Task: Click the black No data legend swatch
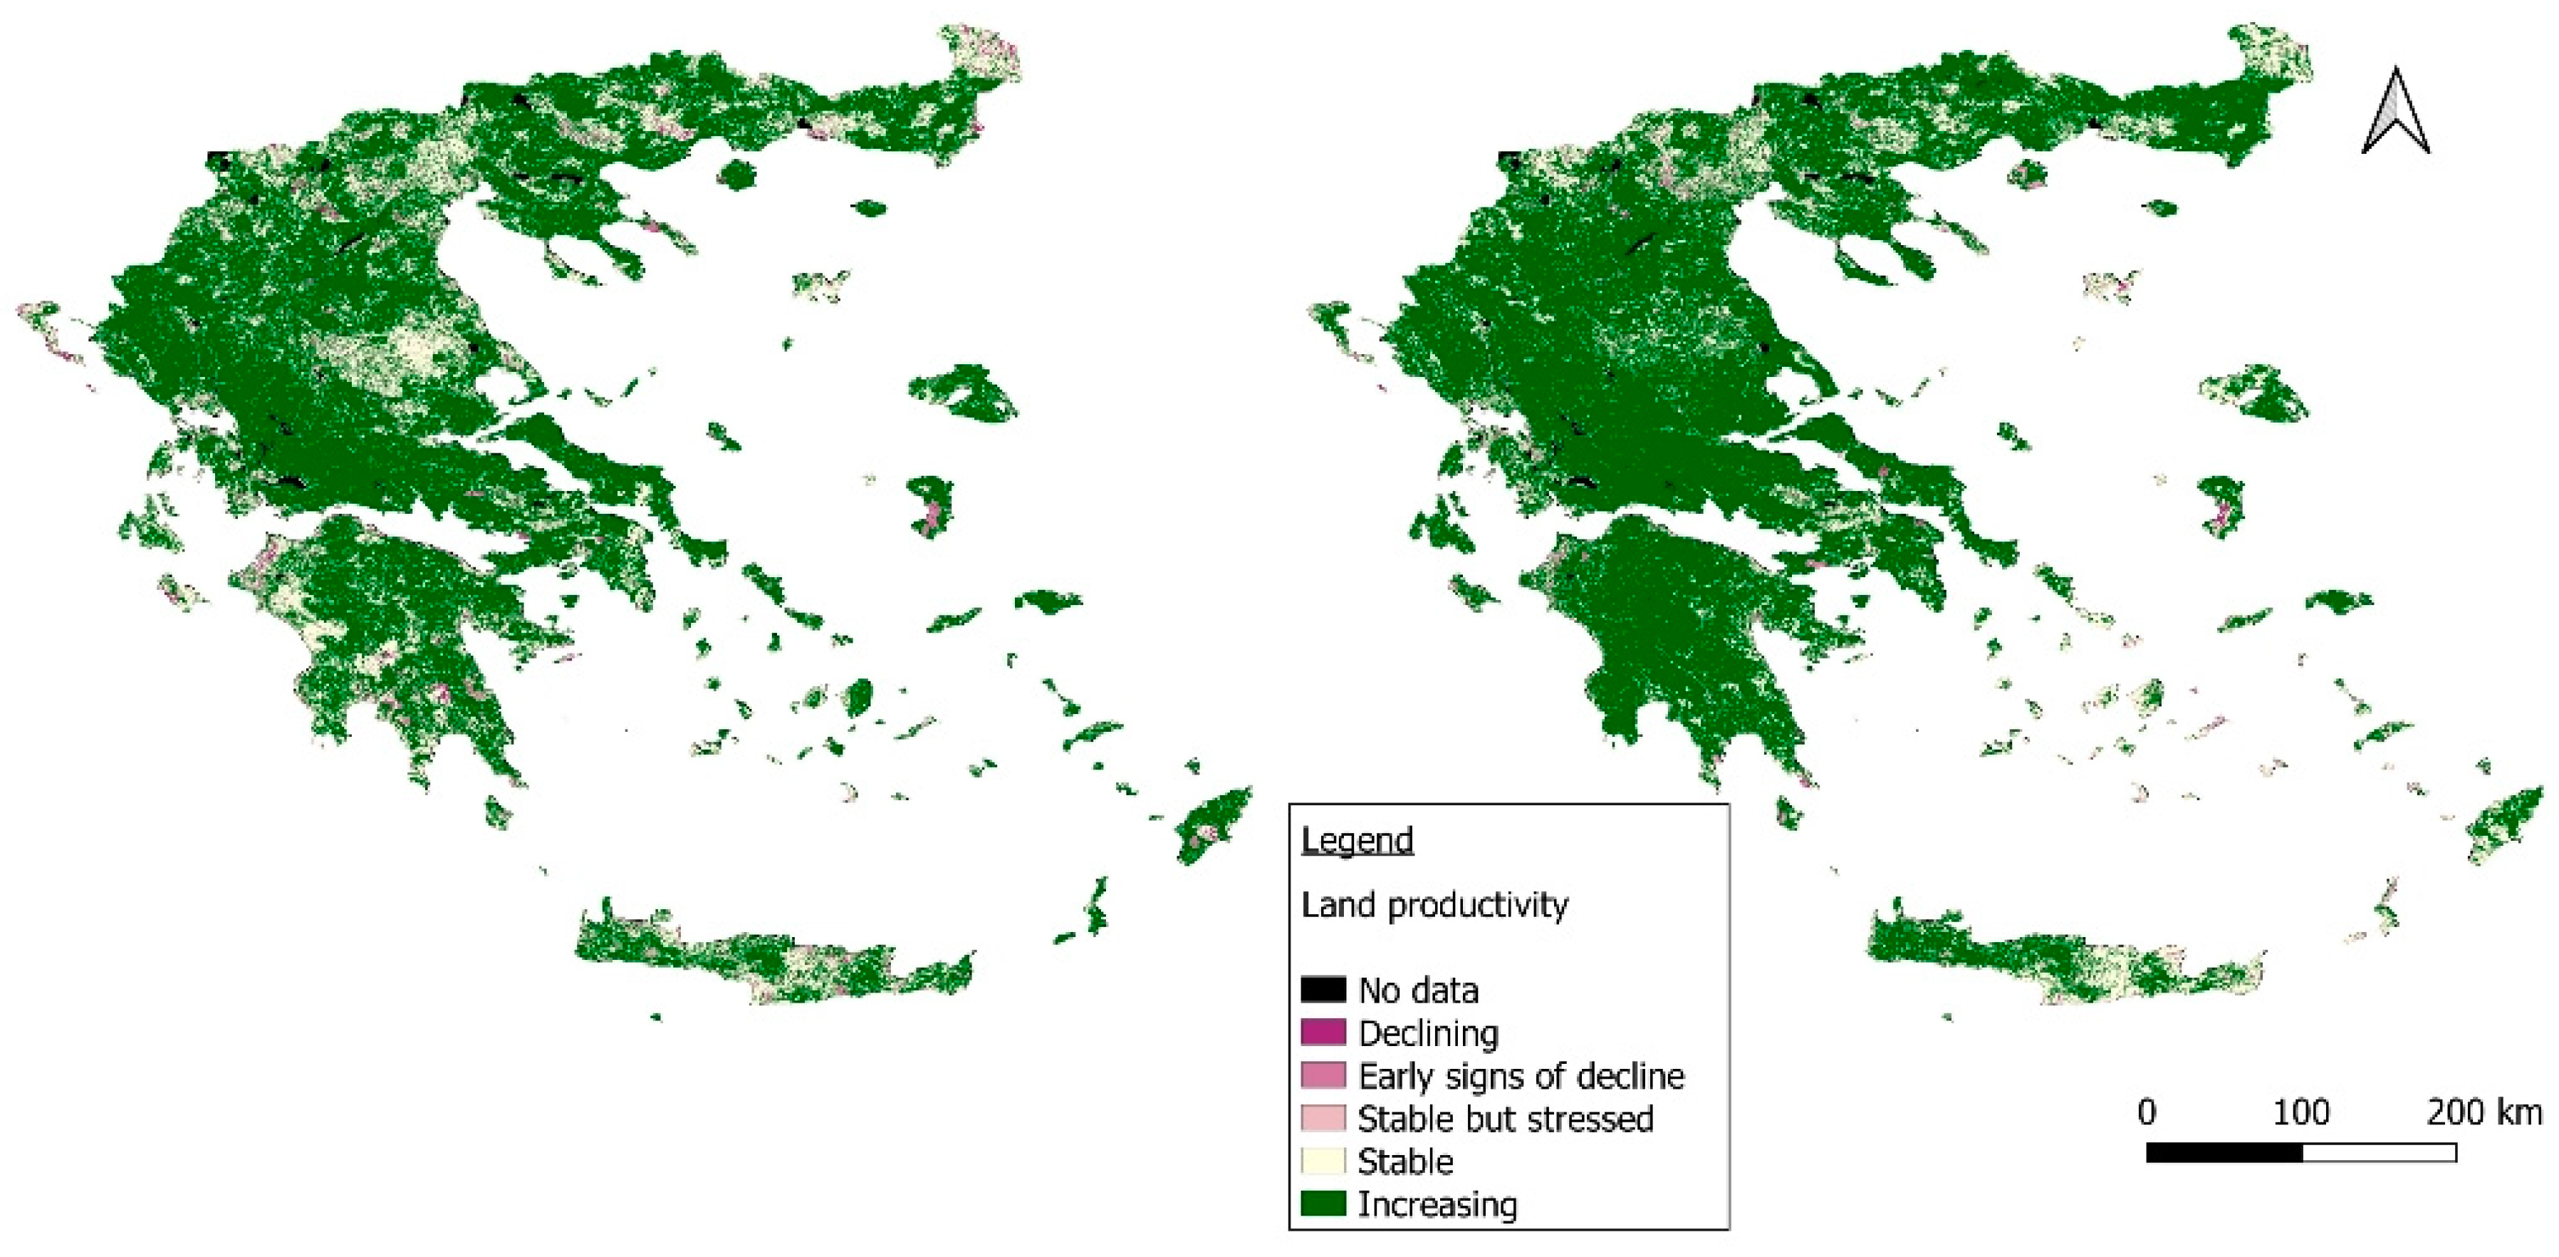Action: [1323, 990]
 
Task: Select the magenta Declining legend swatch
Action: [1323, 1033]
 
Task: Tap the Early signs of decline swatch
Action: [1323, 1075]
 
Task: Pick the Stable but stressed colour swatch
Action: [1323, 1118]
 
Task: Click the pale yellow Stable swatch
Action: [1323, 1161]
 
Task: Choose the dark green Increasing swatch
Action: [1323, 1204]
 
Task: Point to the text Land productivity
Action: [1434, 905]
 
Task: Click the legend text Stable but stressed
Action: [1505, 1119]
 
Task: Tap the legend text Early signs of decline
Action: [1521, 1076]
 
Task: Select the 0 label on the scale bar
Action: [2147, 1112]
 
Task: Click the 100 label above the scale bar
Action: [2302, 1112]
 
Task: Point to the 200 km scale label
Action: [2484, 1112]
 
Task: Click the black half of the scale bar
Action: [2224, 1153]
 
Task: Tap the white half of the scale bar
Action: [2380, 1153]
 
